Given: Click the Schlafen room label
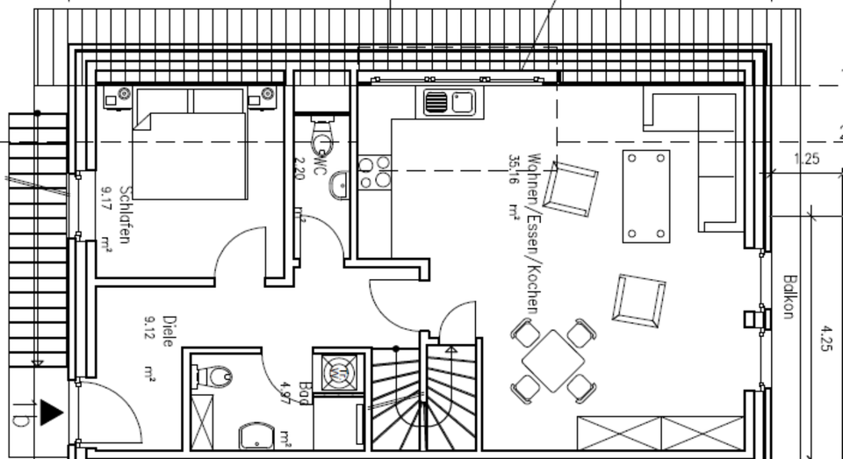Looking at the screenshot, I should (126, 215).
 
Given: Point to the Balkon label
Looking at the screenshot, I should (789, 297).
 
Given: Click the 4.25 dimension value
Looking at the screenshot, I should (825, 338).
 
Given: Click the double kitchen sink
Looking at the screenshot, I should (449, 103).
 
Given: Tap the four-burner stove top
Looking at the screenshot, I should (375, 172).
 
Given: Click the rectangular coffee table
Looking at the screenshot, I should (646, 196).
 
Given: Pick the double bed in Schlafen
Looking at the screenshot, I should (189, 145).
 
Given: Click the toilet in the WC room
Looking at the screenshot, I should (323, 136).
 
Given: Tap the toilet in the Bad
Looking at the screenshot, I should (213, 377).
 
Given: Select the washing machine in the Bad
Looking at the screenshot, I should (339, 371).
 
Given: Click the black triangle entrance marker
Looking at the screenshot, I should (51, 412).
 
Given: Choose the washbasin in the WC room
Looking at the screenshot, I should (339, 184).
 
